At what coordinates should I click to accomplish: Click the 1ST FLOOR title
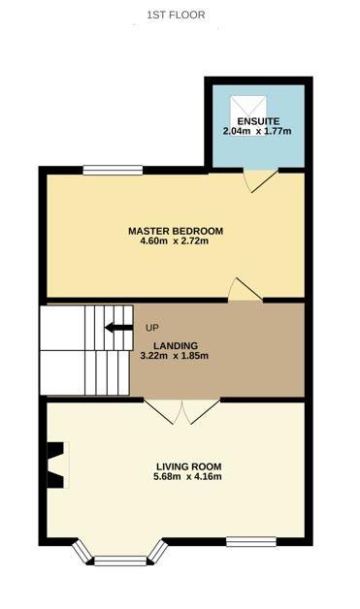(x=176, y=15)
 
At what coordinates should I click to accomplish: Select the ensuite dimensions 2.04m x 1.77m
(x=258, y=132)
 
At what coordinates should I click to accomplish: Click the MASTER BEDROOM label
(x=176, y=231)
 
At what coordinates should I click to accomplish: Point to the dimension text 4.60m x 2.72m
(x=176, y=241)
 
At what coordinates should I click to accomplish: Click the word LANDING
(x=175, y=345)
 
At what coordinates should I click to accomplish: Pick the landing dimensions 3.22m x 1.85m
(x=175, y=356)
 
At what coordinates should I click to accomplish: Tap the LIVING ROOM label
(x=175, y=465)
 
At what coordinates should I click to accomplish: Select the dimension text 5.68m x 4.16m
(x=175, y=476)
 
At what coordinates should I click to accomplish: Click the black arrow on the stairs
(x=119, y=328)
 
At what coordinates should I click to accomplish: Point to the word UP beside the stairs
(x=152, y=328)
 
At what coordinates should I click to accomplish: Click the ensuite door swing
(x=259, y=181)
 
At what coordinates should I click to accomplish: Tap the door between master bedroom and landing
(x=244, y=290)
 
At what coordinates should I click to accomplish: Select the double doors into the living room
(x=184, y=411)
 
